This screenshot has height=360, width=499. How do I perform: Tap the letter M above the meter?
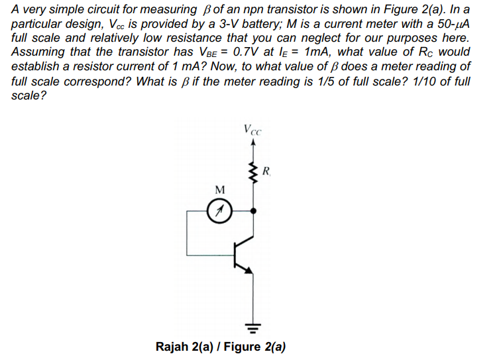pyautogui.click(x=220, y=190)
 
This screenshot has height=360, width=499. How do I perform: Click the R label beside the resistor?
pyautogui.click(x=266, y=172)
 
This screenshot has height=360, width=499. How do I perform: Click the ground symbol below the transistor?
pyautogui.click(x=252, y=327)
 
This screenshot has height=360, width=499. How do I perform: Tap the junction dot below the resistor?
pyautogui.click(x=252, y=210)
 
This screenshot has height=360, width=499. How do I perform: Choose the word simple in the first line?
pyautogui.click(x=71, y=9)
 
